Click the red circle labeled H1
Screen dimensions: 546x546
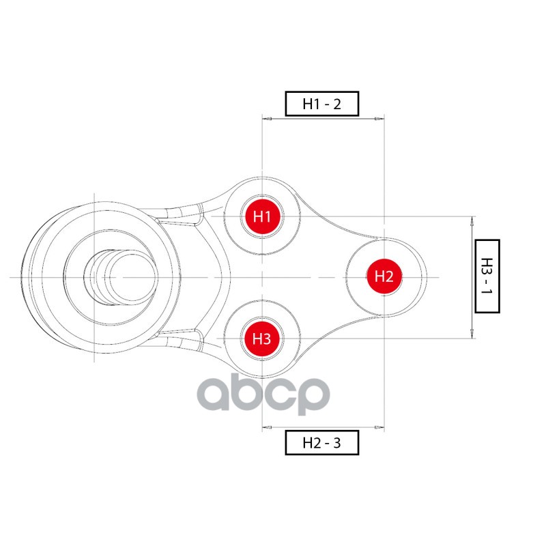point(263,217)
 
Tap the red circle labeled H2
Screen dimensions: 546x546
point(384,276)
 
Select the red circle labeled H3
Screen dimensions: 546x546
point(263,338)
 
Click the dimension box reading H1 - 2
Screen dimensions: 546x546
point(321,104)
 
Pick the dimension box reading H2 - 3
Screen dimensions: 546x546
point(321,443)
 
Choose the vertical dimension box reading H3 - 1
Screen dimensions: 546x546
point(487,276)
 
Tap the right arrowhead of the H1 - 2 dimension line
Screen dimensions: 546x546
point(379,119)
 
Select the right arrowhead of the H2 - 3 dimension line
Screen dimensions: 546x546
point(379,428)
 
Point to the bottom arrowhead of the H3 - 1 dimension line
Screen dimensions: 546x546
point(472,334)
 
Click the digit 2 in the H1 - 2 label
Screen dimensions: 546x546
point(336,104)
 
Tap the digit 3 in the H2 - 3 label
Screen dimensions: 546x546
point(336,444)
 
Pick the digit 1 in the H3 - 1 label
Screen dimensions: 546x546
point(487,292)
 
